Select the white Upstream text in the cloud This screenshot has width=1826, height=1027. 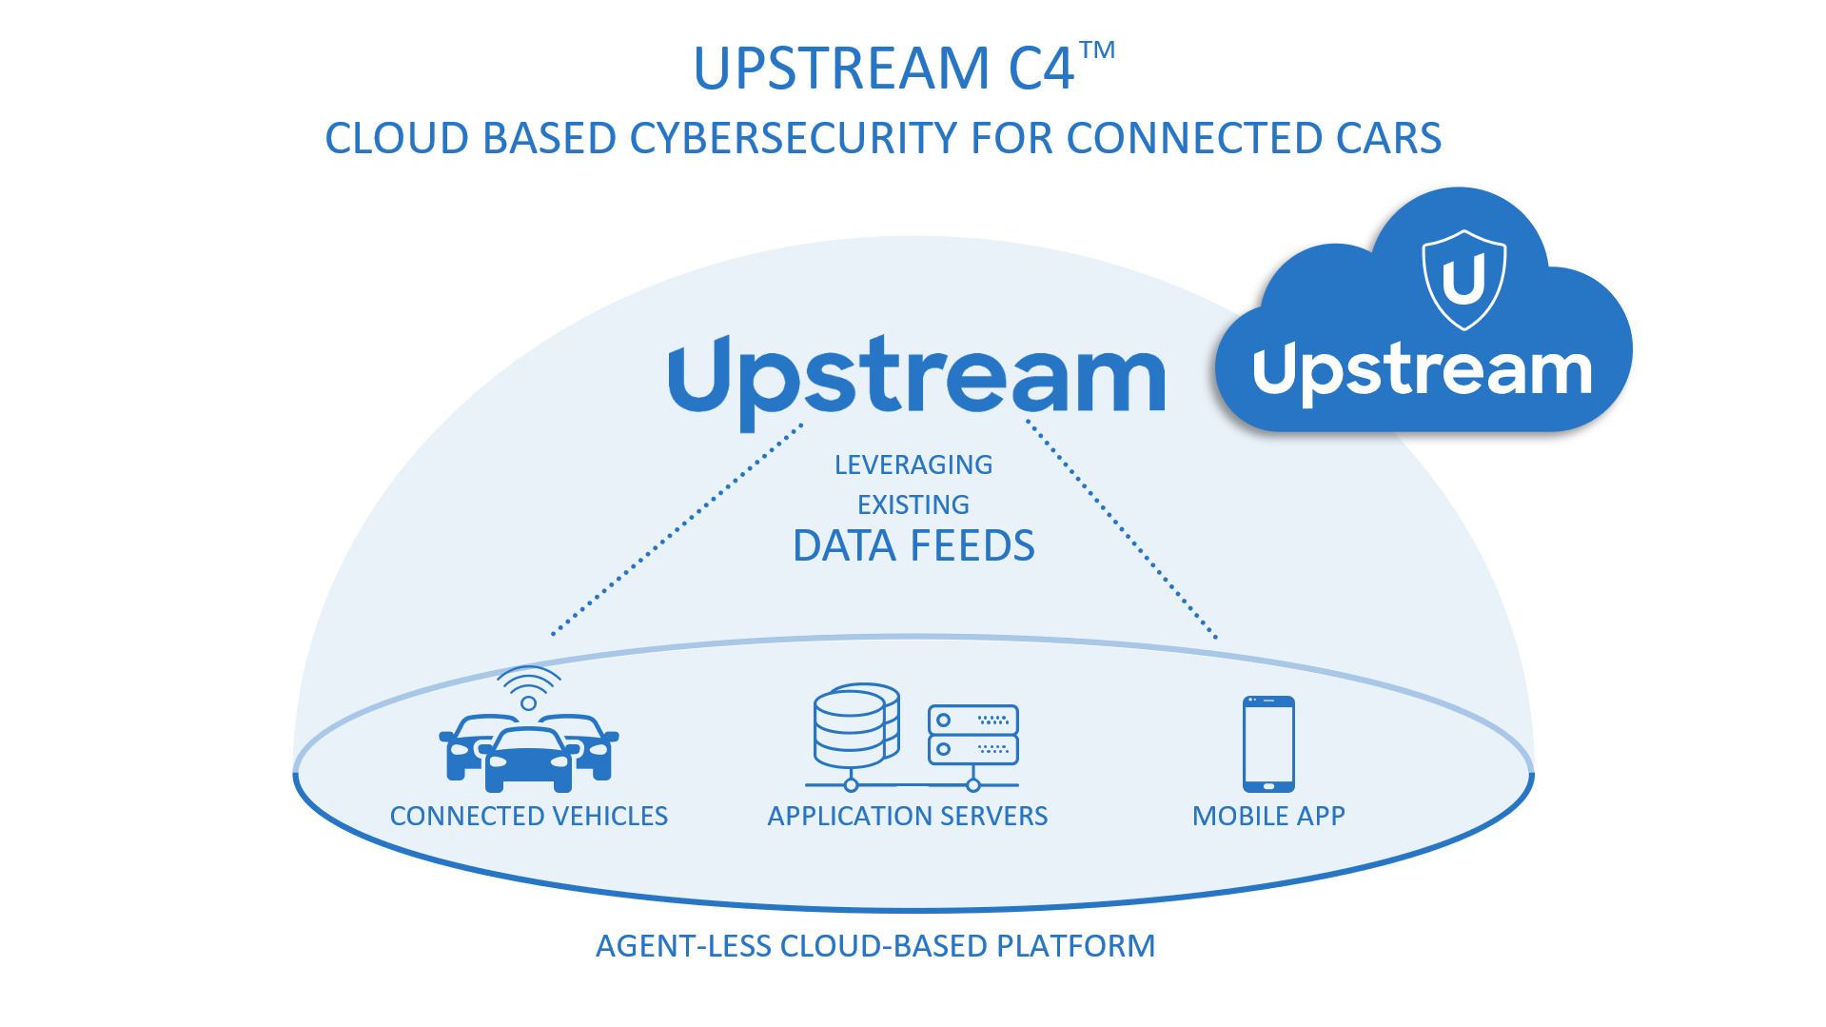tap(1422, 371)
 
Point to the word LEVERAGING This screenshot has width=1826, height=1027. tap(913, 464)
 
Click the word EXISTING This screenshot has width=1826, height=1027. tap(913, 504)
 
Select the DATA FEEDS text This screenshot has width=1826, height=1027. tap(913, 546)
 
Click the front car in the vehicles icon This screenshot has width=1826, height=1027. tap(528, 760)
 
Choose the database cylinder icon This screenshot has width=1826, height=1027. tap(854, 726)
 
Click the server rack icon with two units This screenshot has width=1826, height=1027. tap(972, 734)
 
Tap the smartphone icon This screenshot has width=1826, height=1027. tap(1268, 743)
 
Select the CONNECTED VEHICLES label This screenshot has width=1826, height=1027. tap(528, 816)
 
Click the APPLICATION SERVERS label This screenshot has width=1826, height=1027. tap(907, 816)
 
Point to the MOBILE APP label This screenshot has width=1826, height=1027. tap(1268, 816)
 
